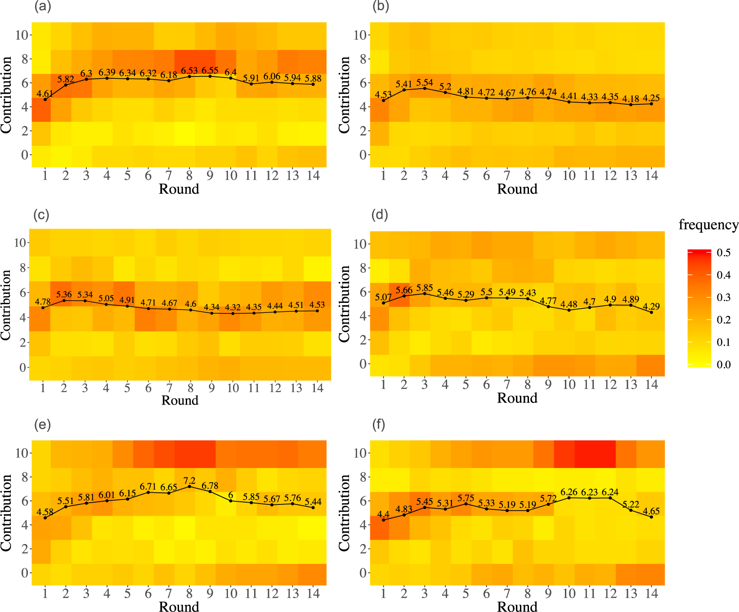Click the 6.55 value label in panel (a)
coord(210,71)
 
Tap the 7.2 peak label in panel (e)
coord(189,480)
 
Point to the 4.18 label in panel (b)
coord(631,99)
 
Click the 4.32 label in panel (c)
coord(233,307)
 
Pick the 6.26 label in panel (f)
coord(569,492)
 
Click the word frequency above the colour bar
coord(708,225)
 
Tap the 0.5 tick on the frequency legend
coord(723,252)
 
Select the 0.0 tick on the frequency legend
coord(723,364)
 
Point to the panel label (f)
coord(379,424)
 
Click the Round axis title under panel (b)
coord(517,189)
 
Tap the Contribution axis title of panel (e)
coord(6,513)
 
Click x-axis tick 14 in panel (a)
coord(313,175)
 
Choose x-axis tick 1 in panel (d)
coord(383,385)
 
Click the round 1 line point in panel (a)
coord(45,99)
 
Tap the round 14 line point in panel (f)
coord(651,517)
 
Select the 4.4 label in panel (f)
coord(383,514)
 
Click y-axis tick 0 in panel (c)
coord(22,367)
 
